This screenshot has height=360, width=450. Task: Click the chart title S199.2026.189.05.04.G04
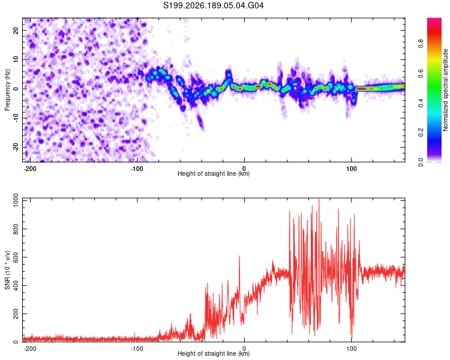pyautogui.click(x=213, y=5)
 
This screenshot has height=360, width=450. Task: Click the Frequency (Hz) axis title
pyautogui.click(x=7, y=90)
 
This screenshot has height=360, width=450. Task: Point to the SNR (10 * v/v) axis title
pyautogui.click(x=7, y=270)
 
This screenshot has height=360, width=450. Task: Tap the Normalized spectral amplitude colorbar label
pyautogui.click(x=445, y=90)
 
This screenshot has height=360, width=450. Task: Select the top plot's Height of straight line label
pyautogui.click(x=214, y=173)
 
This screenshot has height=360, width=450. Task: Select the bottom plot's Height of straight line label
pyautogui.click(x=214, y=353)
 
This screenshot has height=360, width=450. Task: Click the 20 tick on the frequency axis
pyautogui.click(x=16, y=30)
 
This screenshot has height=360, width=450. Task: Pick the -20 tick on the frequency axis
pyautogui.click(x=16, y=147)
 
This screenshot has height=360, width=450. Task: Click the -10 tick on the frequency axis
pyautogui.click(x=16, y=118)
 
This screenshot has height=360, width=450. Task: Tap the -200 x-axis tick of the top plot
pyautogui.click(x=29, y=169)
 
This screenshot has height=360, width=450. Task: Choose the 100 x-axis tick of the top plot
pyautogui.click(x=351, y=169)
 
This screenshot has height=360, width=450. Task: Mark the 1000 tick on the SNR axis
pyautogui.click(x=16, y=200)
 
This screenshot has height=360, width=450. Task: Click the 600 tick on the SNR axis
pyautogui.click(x=16, y=257)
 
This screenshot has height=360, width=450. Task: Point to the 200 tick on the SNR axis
pyautogui.click(x=16, y=314)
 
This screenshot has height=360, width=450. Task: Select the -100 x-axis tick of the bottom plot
pyautogui.click(x=137, y=349)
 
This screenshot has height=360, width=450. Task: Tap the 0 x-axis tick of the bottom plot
pyautogui.click(x=244, y=349)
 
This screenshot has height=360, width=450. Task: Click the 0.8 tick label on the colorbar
pyautogui.click(x=421, y=44)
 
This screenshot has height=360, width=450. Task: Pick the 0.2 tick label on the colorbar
pyautogui.click(x=421, y=133)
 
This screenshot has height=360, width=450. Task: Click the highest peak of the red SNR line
pyautogui.click(x=319, y=199)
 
